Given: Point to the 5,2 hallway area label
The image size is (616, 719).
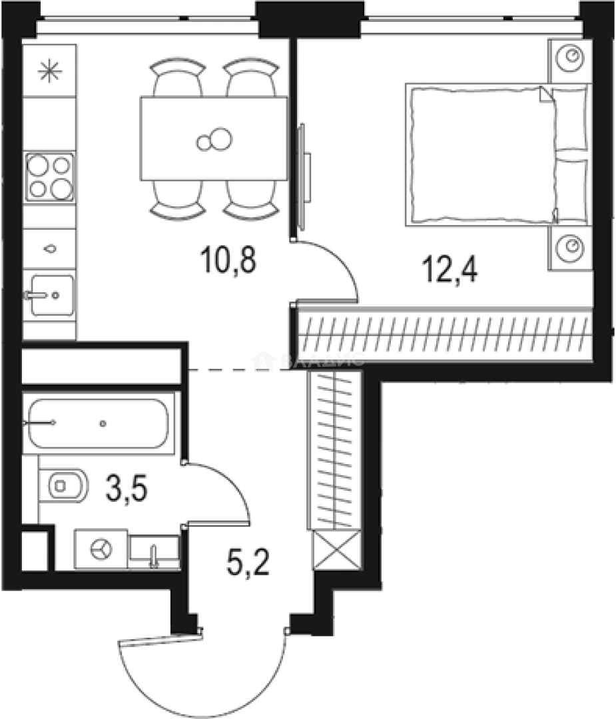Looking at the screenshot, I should click(247, 565).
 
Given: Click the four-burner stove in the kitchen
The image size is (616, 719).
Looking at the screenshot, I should click(50, 176).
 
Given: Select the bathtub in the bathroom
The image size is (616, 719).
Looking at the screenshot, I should click(98, 423).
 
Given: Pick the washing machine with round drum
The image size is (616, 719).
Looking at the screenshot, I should click(101, 549).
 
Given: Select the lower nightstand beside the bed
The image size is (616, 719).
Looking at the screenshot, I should click(570, 247).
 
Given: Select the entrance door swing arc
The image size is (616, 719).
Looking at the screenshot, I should click(200, 679).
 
